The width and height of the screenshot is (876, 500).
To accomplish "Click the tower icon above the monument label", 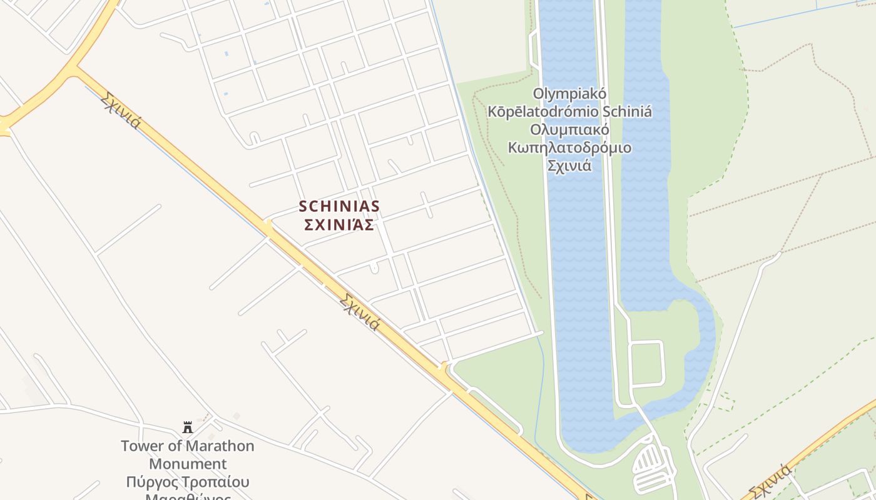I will coord(188,427).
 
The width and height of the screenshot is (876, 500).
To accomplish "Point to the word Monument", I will coord(188,464).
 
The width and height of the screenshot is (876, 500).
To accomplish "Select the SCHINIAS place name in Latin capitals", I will coord(339,206).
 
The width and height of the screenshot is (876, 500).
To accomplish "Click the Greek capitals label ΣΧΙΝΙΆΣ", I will coord(339,224).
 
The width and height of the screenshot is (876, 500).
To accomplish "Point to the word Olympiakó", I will coord(569,94).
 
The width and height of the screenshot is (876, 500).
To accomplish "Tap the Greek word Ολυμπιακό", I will coord(569,130).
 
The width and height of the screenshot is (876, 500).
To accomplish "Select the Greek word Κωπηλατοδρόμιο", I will coord(569,148).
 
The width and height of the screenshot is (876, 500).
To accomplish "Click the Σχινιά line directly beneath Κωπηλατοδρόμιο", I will coord(569,166).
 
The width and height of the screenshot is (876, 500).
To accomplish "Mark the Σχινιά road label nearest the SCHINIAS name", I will coord(359,311).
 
